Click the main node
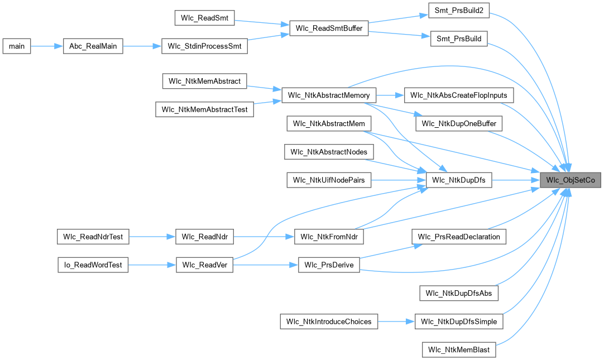click(17, 46)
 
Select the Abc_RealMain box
click(93, 46)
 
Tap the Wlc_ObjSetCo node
click(570, 180)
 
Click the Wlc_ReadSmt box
click(204, 18)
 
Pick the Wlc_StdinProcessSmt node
click(204, 46)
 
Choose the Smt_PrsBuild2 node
click(458, 11)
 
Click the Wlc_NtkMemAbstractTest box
click(204, 109)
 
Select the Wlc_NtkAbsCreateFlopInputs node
click(458, 95)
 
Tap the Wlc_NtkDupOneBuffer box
click(459, 123)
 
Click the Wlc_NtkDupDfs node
click(459, 180)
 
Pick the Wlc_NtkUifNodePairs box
click(329, 180)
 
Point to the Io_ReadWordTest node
click(93, 265)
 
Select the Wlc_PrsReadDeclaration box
click(459, 236)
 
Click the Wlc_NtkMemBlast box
click(459, 349)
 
